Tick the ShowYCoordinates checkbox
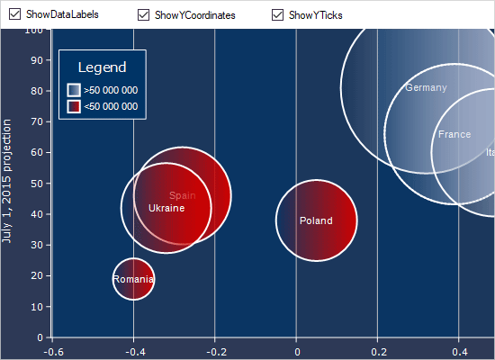pos(144,15)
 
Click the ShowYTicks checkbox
pos(277,15)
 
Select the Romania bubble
pos(133,279)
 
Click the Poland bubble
pos(316,220)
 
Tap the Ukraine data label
pos(166,208)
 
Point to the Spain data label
pos(182,195)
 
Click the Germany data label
pos(426,87)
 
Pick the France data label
pos(454,134)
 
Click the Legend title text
pos(102,67)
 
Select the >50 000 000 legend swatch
pos(74,90)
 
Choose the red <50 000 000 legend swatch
pos(74,106)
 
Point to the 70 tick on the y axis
pos(37,121)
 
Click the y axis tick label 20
pos(37,276)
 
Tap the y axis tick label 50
pos(37,184)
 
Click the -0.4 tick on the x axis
pos(133,351)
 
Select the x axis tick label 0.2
pos(378,351)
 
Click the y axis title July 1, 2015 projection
pos(7,180)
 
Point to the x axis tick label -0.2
pos(214,351)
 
